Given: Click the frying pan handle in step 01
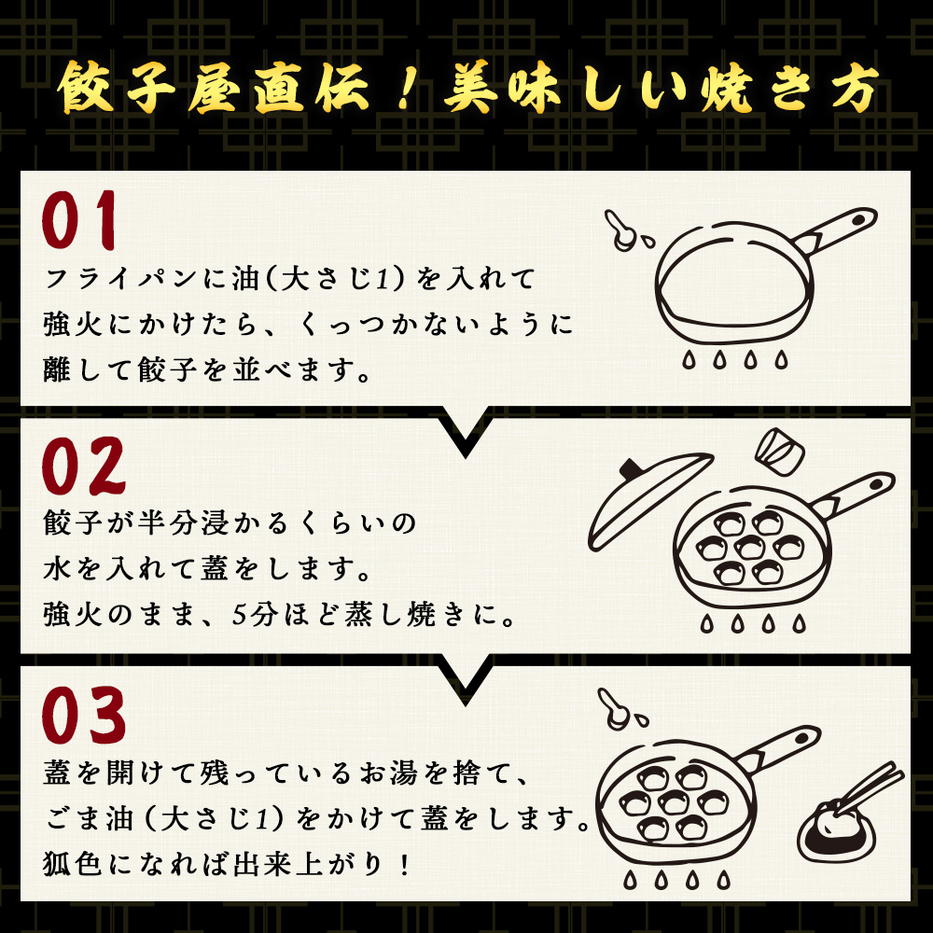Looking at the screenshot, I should [840, 230].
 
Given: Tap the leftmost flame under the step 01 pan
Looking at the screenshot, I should [689, 359].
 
